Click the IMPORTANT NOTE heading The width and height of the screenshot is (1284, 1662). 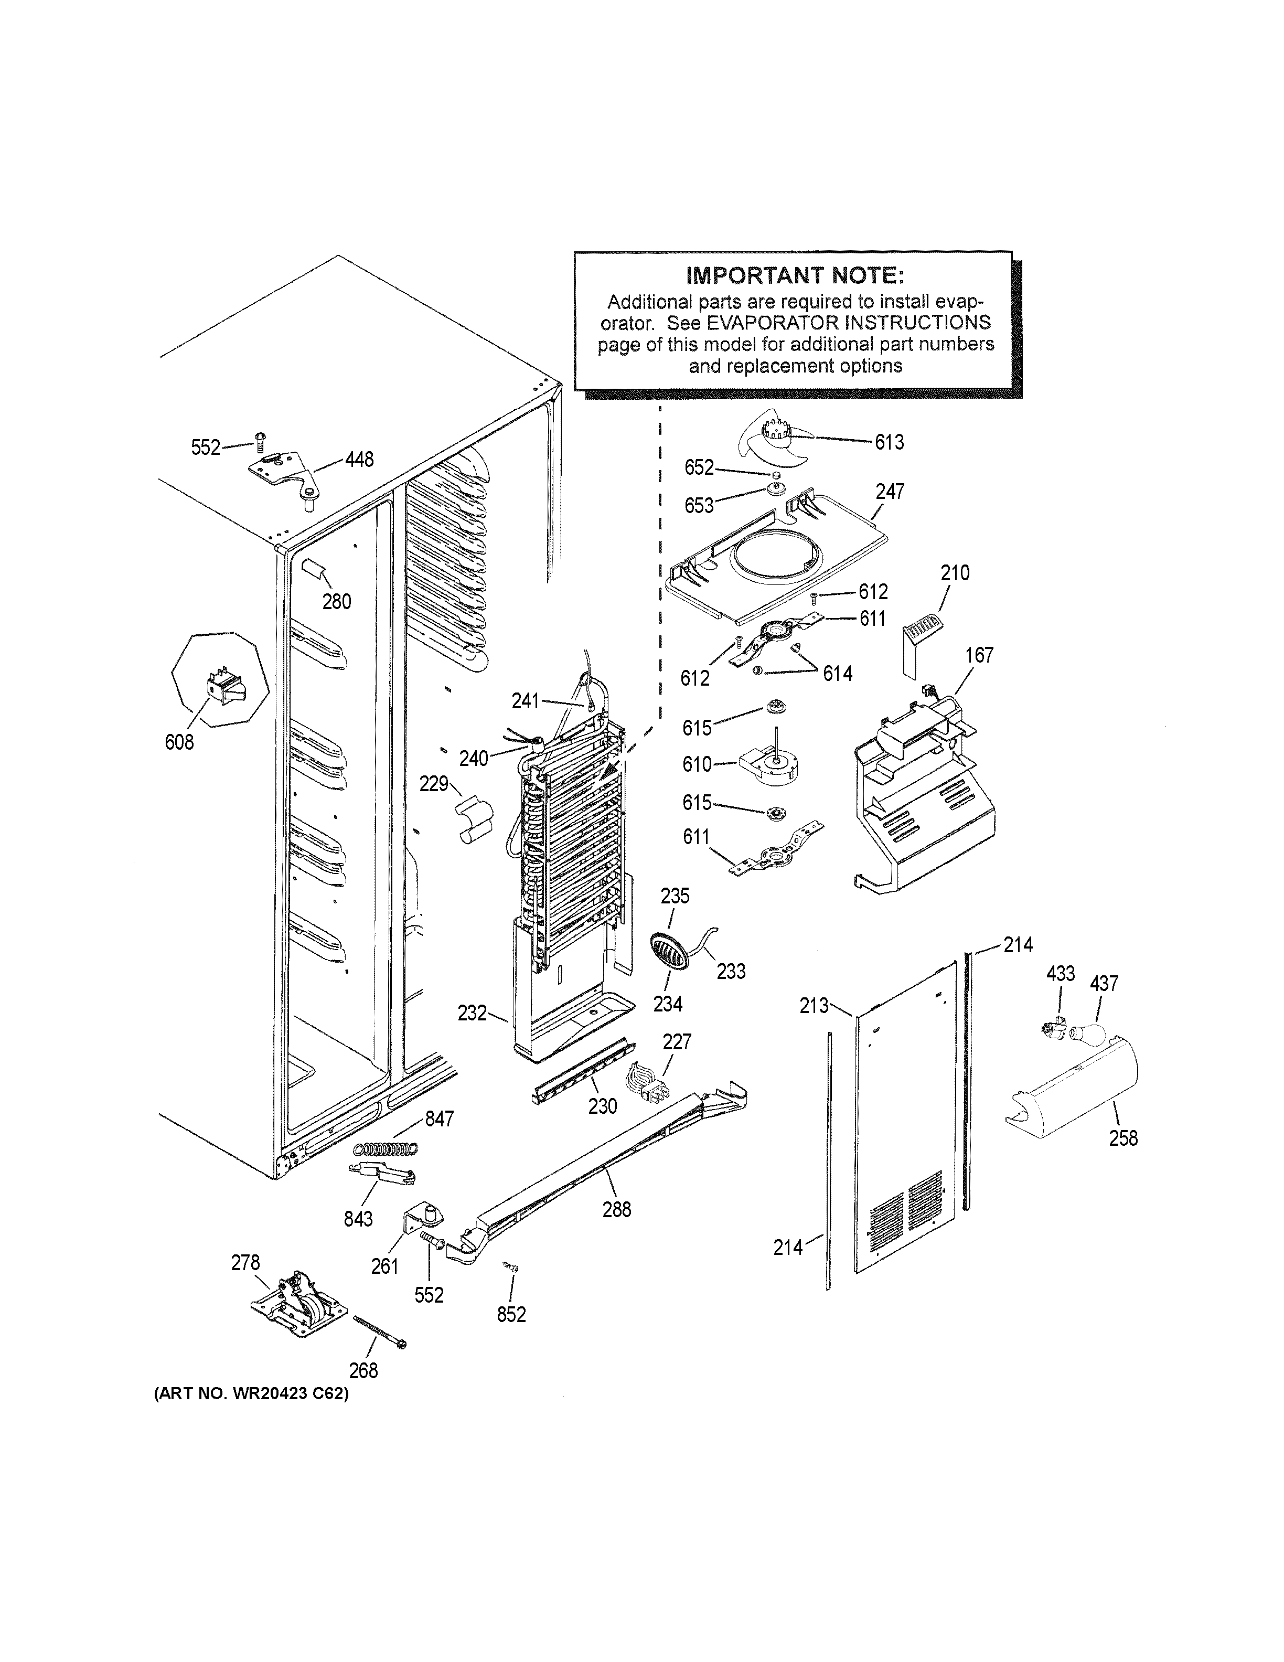coord(795,275)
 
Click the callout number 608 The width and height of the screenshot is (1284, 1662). coord(179,742)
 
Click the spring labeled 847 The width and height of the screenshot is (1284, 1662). coord(386,1149)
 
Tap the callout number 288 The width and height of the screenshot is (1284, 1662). coord(616,1209)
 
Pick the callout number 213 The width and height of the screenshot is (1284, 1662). coord(813,1006)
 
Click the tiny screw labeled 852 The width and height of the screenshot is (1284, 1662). coord(510,1265)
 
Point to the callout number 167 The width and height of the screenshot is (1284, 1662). coord(978,655)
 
